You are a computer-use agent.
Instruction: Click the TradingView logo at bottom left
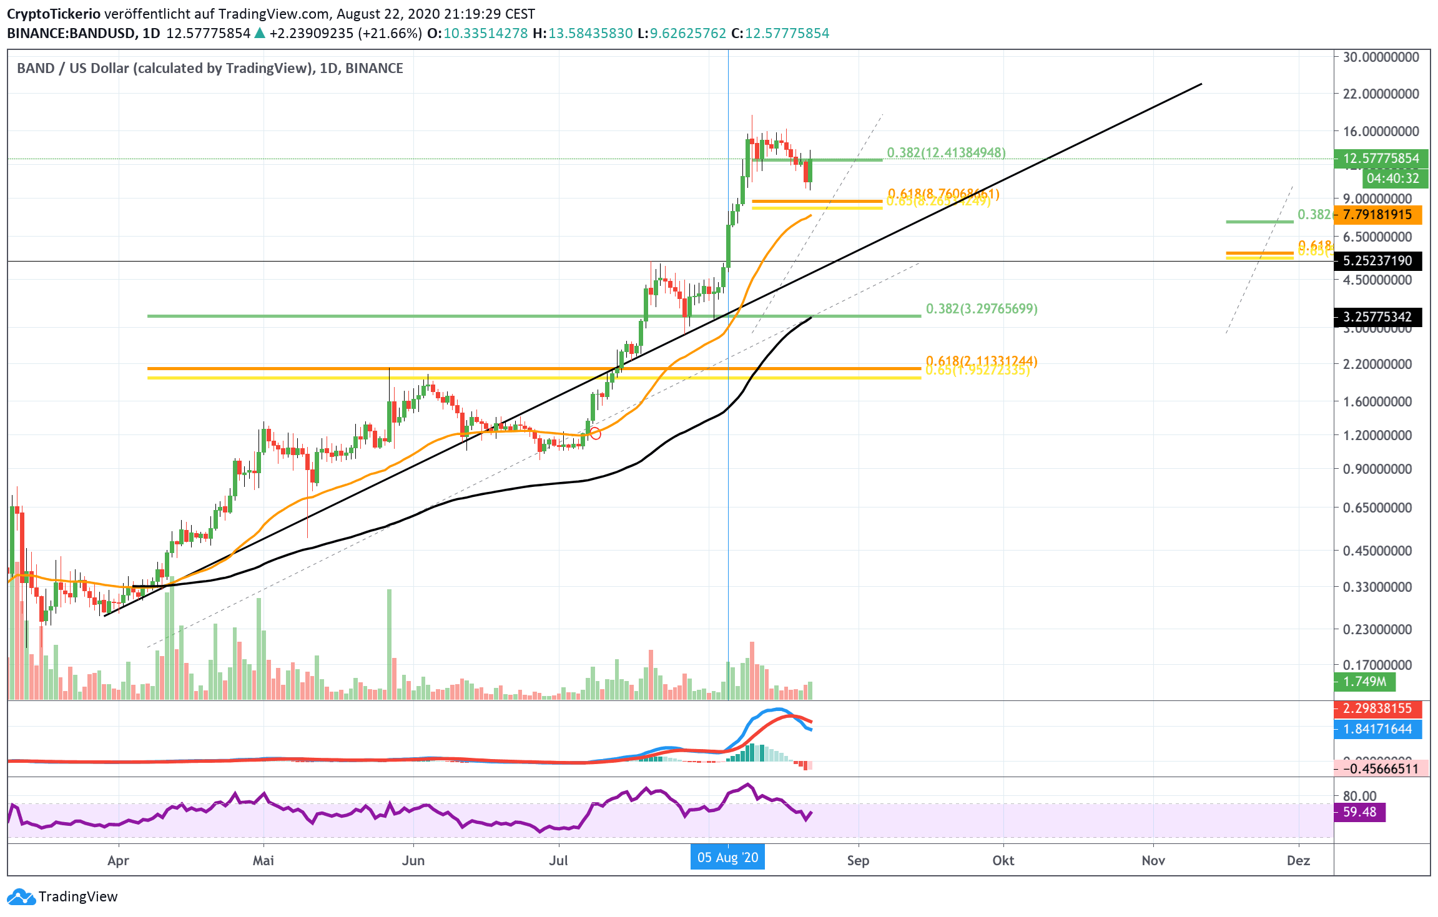[62, 896]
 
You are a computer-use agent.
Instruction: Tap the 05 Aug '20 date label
[727, 858]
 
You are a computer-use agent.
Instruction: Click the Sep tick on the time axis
[858, 860]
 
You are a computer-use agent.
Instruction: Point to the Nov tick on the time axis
[1153, 860]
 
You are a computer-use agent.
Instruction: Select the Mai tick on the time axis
[263, 860]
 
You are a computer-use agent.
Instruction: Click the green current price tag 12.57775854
[1381, 159]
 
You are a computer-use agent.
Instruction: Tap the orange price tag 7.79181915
[1377, 215]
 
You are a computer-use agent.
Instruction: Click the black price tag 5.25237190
[1377, 261]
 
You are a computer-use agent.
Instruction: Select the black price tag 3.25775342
[1377, 317]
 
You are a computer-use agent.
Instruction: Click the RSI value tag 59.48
[1359, 812]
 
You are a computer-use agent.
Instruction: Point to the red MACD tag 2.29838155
[1377, 709]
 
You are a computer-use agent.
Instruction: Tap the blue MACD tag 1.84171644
[1377, 729]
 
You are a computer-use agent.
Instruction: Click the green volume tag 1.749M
[1364, 682]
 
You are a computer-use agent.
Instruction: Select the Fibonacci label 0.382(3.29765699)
[982, 308]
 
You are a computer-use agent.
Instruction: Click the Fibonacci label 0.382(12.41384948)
[946, 152]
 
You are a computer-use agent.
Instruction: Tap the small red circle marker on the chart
[595, 434]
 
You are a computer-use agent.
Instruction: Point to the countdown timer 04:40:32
[1392, 179]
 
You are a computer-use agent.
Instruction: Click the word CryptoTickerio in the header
[53, 14]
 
